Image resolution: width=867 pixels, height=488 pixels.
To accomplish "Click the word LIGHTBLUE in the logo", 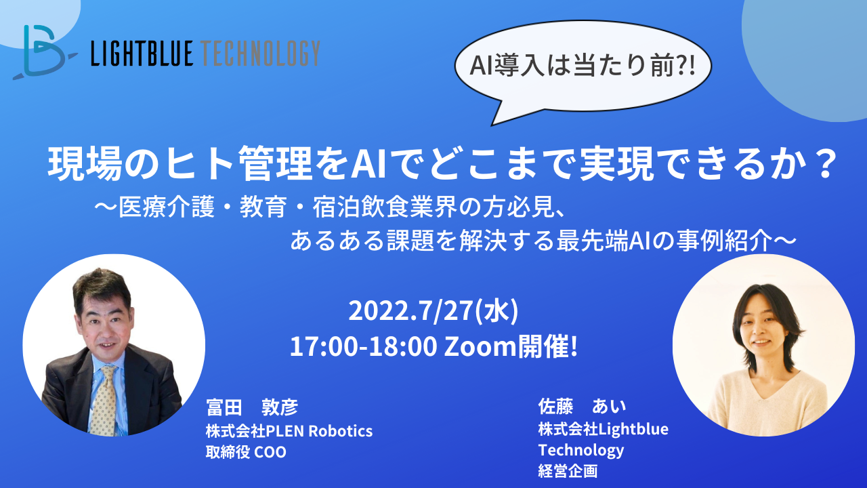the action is point(142,53).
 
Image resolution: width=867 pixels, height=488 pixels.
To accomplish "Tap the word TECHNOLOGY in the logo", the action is point(261,53).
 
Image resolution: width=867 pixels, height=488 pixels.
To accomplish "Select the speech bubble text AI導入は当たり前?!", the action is point(583,66).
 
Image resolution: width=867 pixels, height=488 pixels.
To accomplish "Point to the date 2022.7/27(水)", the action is point(433,311).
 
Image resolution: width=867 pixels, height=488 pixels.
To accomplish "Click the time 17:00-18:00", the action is point(363,346).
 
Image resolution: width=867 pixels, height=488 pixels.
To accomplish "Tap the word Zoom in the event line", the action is point(480,346).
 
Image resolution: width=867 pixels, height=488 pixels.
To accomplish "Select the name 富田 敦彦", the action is point(252,407).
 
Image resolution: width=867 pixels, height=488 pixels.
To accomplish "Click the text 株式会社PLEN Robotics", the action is point(289,431).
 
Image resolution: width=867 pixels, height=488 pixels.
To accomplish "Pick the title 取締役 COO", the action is point(246,452).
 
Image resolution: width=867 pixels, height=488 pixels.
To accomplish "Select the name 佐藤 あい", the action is point(582,406).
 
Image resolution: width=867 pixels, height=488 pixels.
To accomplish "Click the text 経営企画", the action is point(568,471).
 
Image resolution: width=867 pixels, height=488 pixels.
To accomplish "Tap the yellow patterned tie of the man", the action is point(104,401).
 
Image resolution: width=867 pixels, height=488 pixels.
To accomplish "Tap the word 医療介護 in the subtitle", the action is point(167,207).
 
